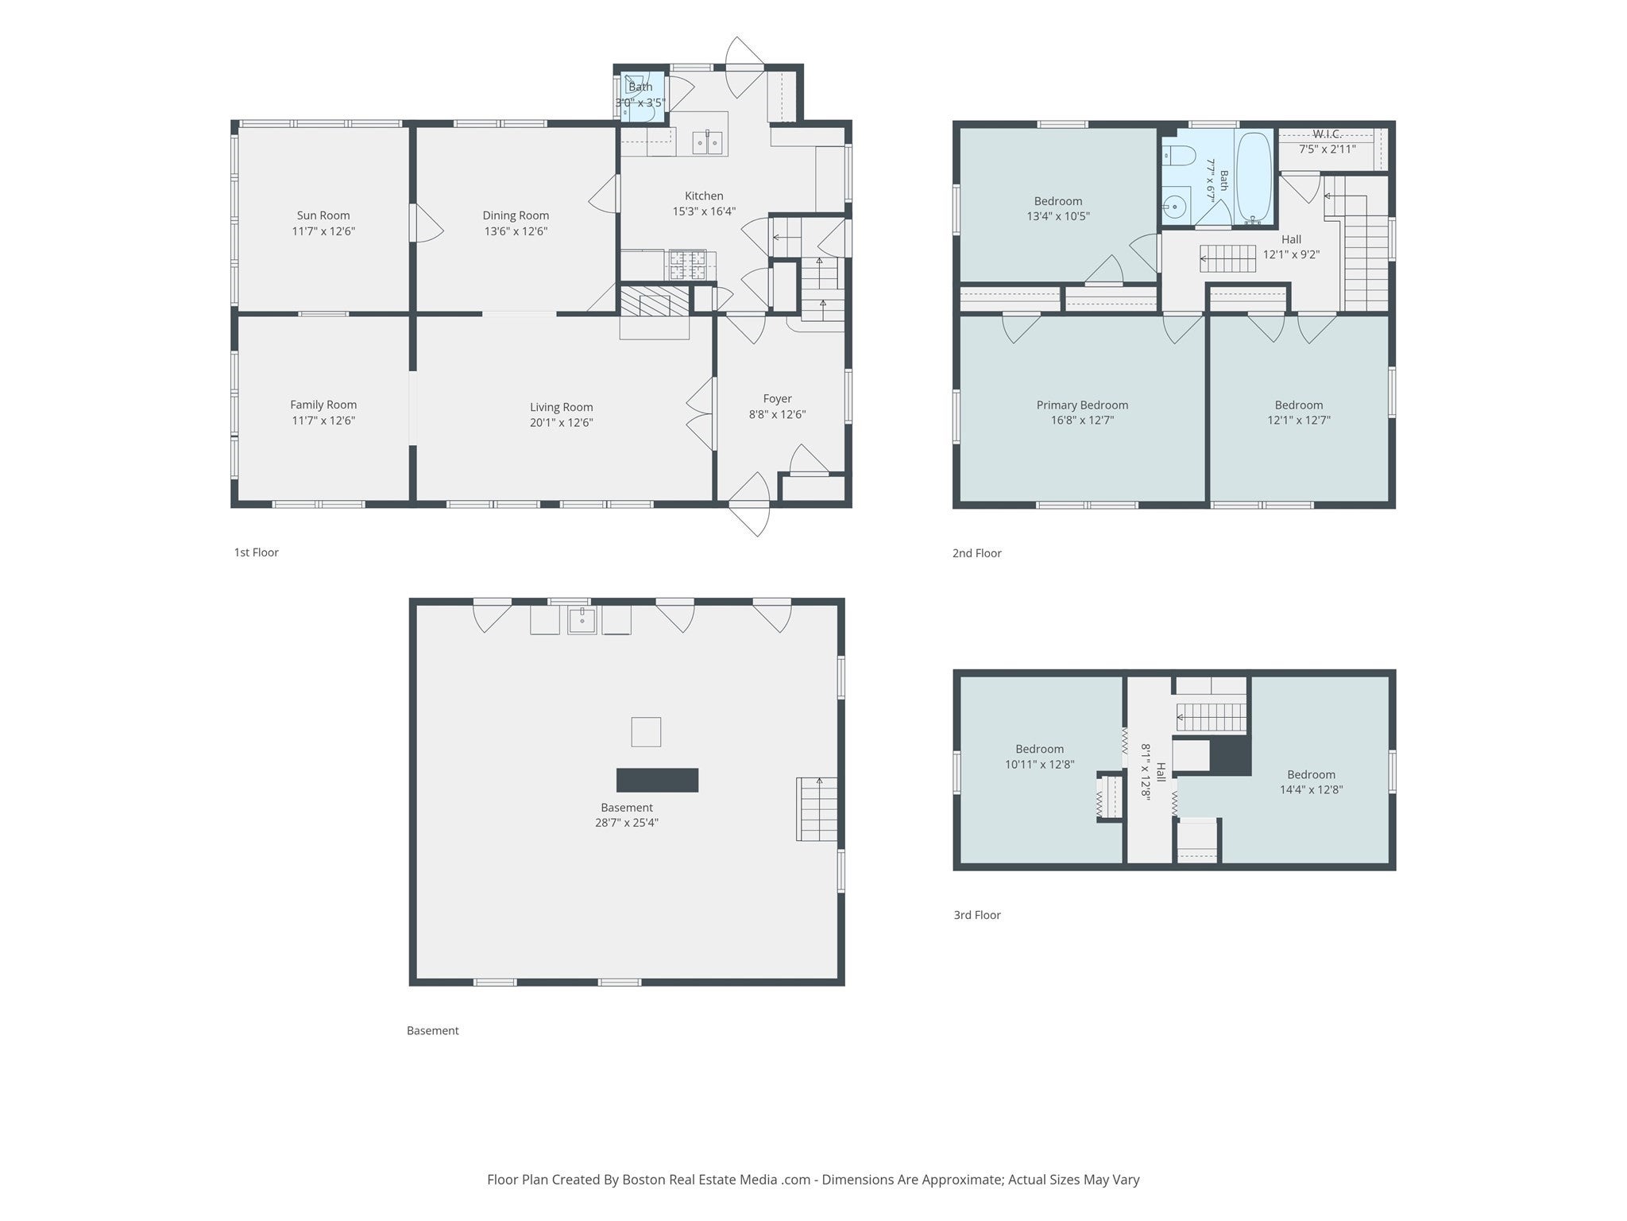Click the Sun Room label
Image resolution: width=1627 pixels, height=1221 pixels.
323,215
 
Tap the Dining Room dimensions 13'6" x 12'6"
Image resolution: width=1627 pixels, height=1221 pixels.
516,231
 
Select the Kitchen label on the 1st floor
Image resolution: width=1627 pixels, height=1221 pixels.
704,196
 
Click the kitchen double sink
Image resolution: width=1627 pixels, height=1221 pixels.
707,143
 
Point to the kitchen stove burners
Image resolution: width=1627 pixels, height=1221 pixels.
687,265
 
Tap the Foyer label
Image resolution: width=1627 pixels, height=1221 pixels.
777,398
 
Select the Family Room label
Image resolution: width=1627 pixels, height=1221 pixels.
323,405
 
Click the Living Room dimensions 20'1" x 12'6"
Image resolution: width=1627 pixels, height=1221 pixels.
562,422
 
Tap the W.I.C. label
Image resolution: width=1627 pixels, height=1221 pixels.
1327,134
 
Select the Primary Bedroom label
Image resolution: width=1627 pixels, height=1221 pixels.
1082,405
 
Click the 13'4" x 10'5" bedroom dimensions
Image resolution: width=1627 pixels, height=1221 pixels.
1058,216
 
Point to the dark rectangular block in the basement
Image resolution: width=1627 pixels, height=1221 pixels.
658,780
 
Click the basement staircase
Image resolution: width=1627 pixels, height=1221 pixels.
817,809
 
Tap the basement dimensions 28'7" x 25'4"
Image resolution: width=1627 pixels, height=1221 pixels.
627,823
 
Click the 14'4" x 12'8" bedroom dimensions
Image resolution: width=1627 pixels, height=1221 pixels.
1311,789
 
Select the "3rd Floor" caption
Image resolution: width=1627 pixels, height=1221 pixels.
977,915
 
